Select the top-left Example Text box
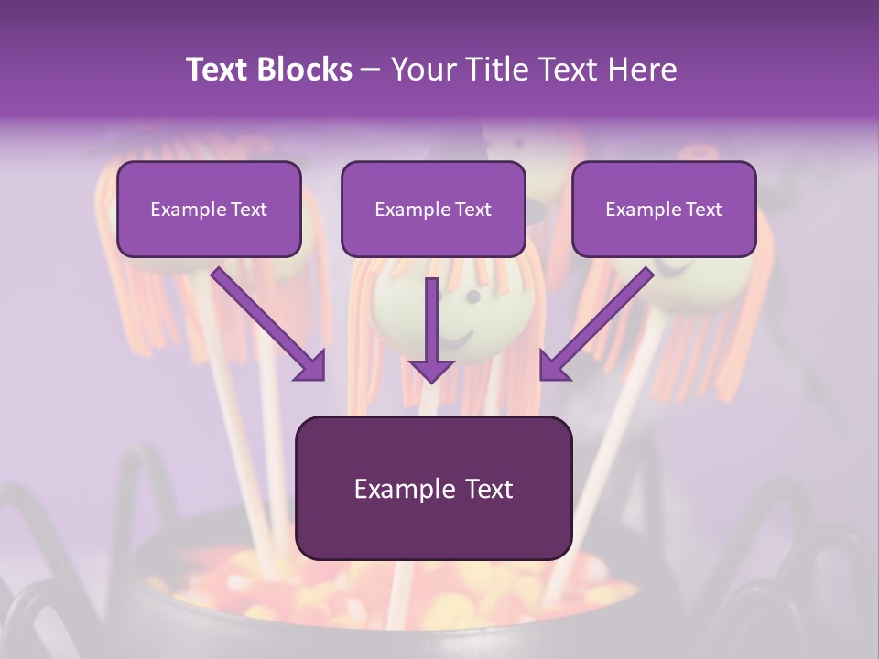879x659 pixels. click(x=209, y=209)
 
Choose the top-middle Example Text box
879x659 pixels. click(x=433, y=209)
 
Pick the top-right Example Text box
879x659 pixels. click(x=664, y=209)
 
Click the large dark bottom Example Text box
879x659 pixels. click(x=433, y=488)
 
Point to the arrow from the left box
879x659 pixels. click(x=266, y=321)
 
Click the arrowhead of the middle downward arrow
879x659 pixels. click(x=431, y=369)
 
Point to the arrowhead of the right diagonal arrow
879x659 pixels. click(x=554, y=365)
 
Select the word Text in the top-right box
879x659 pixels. click(x=702, y=210)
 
